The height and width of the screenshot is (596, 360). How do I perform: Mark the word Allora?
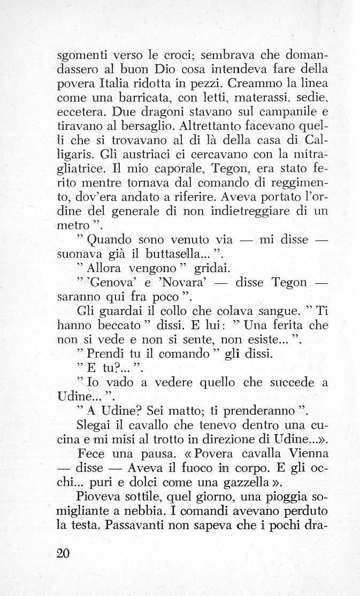(104, 267)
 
